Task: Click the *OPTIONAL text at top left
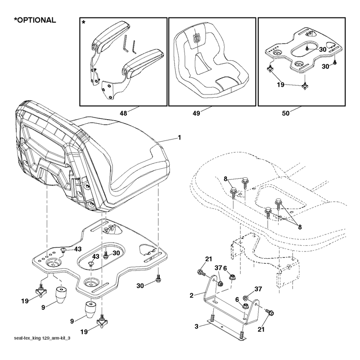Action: tap(35, 20)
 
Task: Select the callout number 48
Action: tap(123, 113)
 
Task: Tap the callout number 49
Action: tap(196, 113)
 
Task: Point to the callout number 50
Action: tap(286, 113)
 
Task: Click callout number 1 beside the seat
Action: tap(180, 138)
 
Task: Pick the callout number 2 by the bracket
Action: tap(192, 296)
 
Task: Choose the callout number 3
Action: tap(197, 327)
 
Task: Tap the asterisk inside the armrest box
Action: tap(84, 22)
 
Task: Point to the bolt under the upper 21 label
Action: tap(201, 273)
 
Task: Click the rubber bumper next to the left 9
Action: tap(61, 295)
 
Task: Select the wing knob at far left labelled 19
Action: tap(41, 291)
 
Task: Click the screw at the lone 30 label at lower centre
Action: tap(158, 279)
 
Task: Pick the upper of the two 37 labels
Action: tap(218, 268)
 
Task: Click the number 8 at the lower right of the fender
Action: tap(300, 227)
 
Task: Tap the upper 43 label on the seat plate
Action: tap(77, 249)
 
